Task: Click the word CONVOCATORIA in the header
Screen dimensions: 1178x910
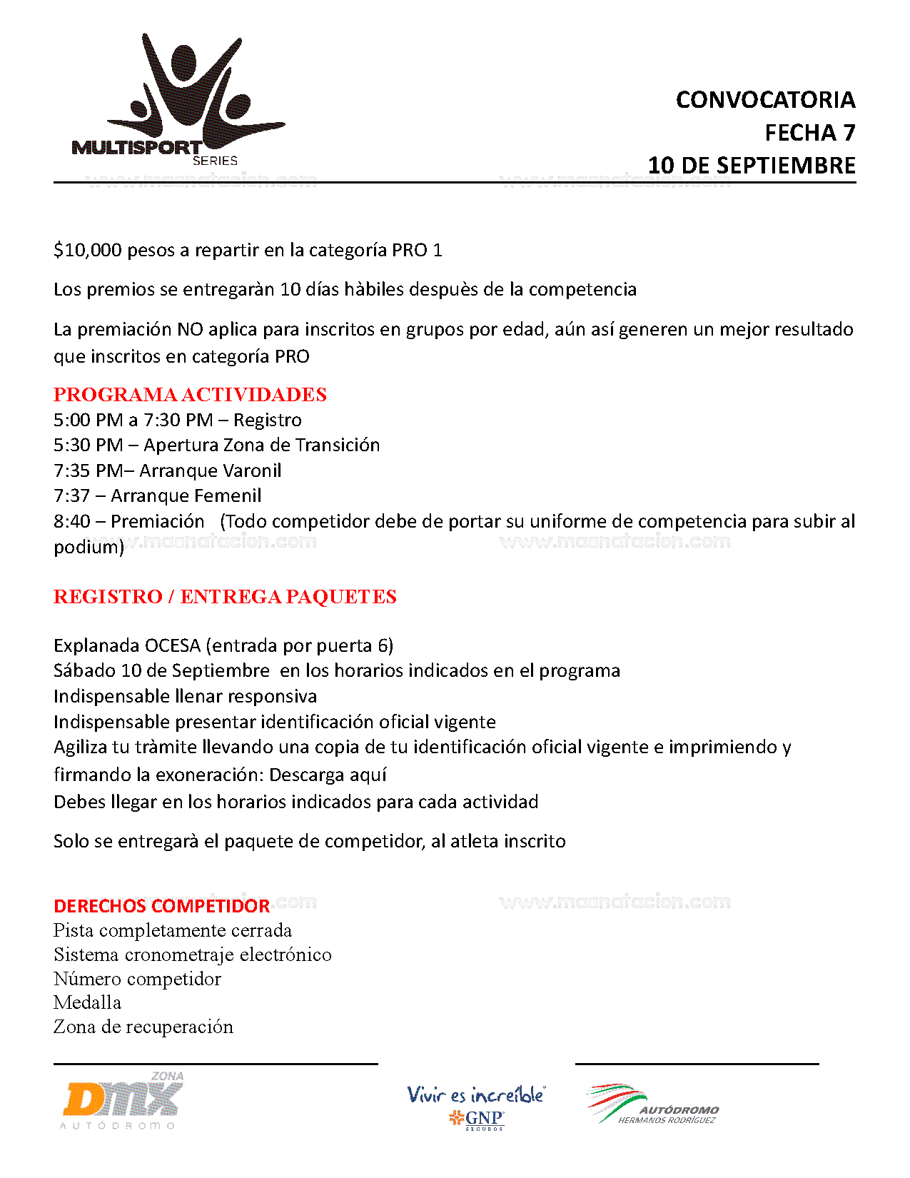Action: click(x=765, y=100)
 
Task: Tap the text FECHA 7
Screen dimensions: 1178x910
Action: click(x=809, y=133)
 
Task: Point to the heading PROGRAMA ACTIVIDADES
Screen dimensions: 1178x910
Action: click(x=190, y=395)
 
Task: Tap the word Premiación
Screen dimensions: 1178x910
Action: click(x=157, y=522)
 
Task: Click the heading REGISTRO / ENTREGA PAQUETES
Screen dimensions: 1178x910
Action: click(x=225, y=597)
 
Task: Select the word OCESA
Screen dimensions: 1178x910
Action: click(x=173, y=646)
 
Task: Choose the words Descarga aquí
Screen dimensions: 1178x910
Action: click(x=328, y=775)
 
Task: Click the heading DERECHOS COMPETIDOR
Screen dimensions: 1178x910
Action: click(x=162, y=906)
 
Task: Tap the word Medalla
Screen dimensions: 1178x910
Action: click(x=87, y=1003)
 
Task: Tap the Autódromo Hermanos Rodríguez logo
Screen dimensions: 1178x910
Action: click(x=653, y=1105)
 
